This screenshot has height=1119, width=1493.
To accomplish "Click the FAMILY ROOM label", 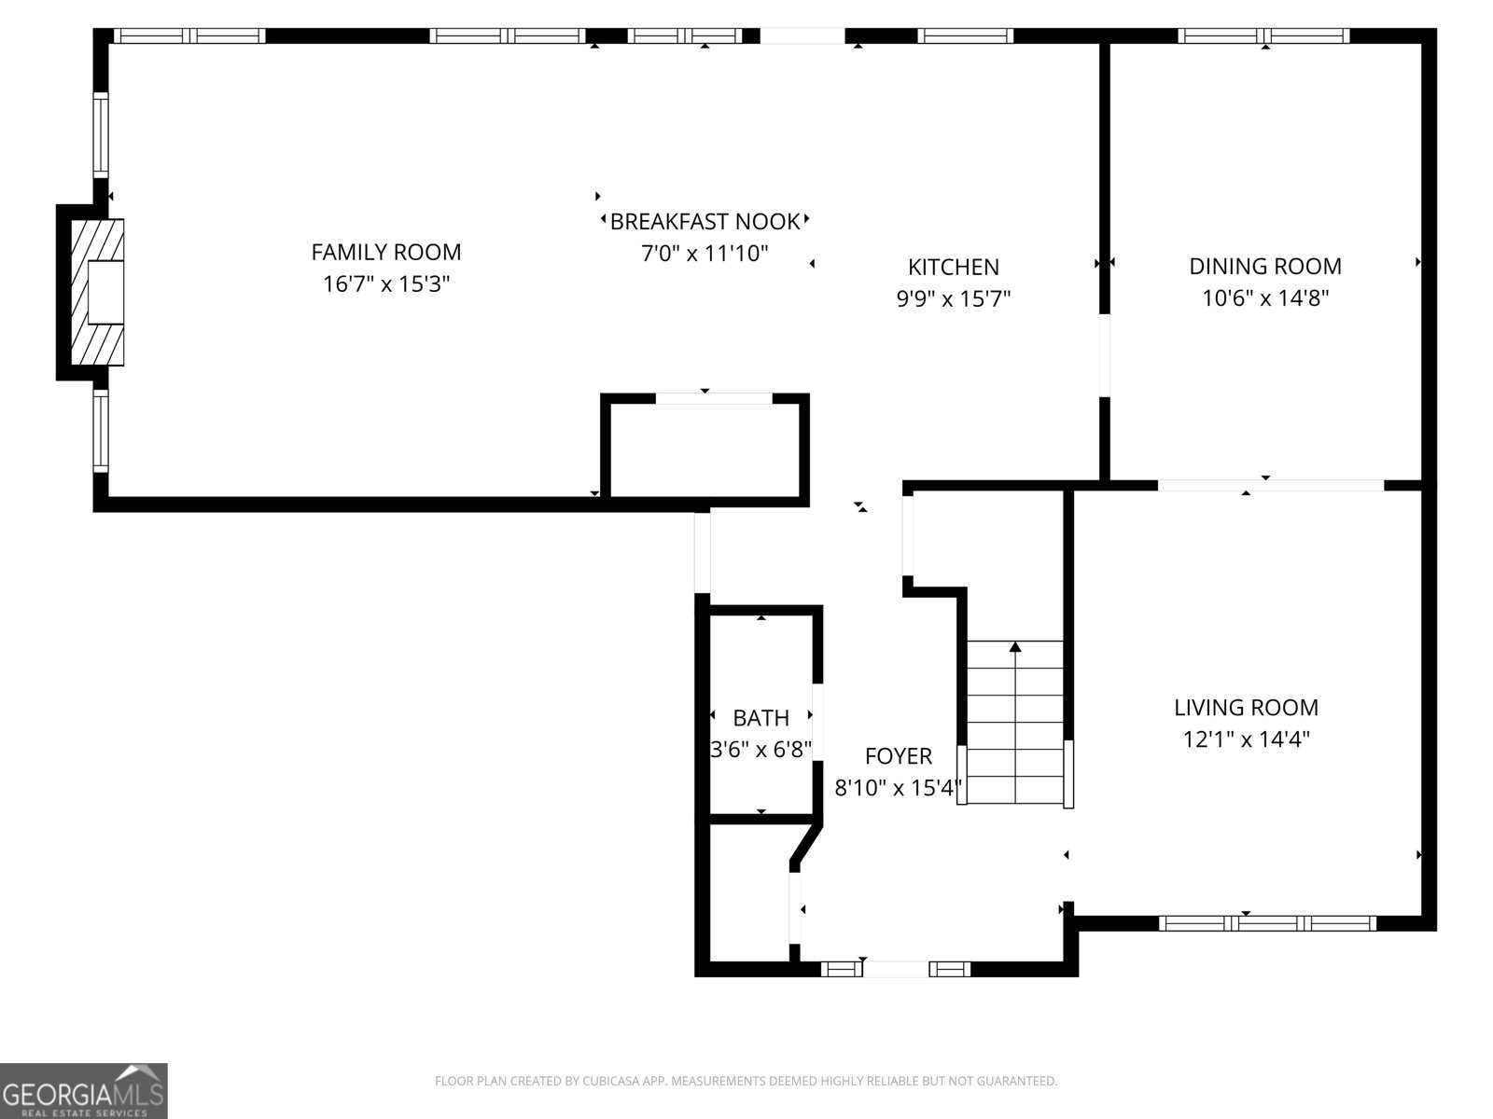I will pyautogui.click(x=385, y=252).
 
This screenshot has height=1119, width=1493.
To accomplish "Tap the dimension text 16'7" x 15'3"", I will pyautogui.click(x=386, y=284).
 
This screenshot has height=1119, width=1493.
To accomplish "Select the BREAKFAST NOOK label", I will pyautogui.click(x=705, y=222).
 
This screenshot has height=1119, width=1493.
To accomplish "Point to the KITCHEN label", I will pyautogui.click(x=954, y=268).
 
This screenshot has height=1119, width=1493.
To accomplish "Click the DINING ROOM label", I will pyautogui.click(x=1264, y=267).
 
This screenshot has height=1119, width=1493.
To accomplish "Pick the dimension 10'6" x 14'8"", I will pyautogui.click(x=1264, y=298).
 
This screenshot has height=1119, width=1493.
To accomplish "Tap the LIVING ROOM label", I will pyautogui.click(x=1246, y=708).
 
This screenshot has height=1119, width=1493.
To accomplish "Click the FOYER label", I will pyautogui.click(x=898, y=756).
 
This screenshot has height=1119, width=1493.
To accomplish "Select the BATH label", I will pyautogui.click(x=760, y=718).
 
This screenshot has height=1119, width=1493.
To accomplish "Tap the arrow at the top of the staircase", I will pyautogui.click(x=1015, y=646).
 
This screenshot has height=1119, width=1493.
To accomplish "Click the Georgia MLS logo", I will pyautogui.click(x=84, y=1090).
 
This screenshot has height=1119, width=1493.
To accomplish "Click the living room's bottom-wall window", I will pyautogui.click(x=1267, y=923).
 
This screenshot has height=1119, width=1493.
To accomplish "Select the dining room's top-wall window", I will pyautogui.click(x=1263, y=36).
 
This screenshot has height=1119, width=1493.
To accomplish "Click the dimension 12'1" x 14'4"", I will pyautogui.click(x=1246, y=739).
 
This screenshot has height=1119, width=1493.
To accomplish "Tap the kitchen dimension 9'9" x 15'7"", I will pyautogui.click(x=954, y=299).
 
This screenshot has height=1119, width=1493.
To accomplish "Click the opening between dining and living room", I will pyautogui.click(x=1270, y=485).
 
